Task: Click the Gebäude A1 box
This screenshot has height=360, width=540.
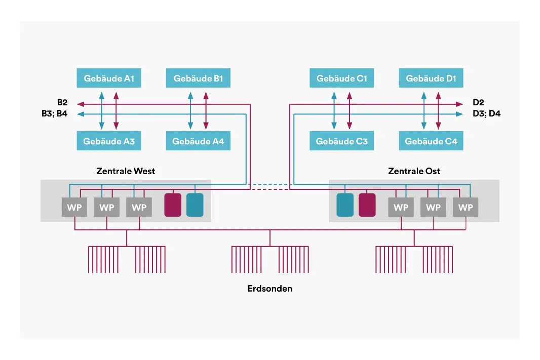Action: click(108, 78)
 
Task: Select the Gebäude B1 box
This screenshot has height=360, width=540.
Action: click(198, 78)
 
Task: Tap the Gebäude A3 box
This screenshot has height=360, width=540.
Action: click(108, 141)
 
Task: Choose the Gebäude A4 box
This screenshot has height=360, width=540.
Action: click(198, 141)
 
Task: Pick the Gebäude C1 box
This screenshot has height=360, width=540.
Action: click(341, 78)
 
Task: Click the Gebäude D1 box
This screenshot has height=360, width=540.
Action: click(431, 78)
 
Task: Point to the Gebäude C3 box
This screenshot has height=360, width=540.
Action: click(341, 141)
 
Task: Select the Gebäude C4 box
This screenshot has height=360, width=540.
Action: click(431, 141)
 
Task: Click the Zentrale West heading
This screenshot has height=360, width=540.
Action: click(126, 171)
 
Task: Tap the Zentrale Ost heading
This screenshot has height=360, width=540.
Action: click(414, 171)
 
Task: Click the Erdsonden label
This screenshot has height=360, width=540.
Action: click(270, 289)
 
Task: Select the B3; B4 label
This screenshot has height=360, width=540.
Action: click(55, 114)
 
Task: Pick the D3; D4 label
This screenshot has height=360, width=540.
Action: click(486, 114)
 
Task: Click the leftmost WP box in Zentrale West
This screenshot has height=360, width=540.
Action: click(74, 208)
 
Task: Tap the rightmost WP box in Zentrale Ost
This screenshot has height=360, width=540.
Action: click(466, 208)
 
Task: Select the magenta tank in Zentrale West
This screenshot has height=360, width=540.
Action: click(173, 205)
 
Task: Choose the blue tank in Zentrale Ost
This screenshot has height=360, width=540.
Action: click(345, 205)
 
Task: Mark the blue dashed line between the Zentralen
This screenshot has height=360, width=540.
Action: click(269, 184)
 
